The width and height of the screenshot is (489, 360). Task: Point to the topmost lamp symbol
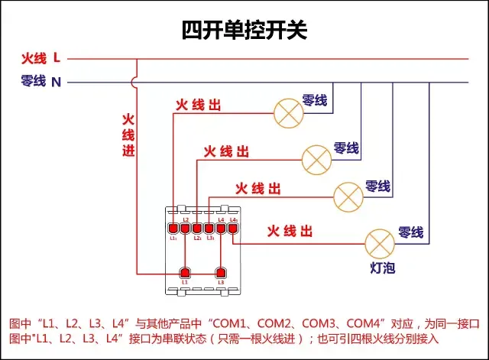click(x=288, y=113)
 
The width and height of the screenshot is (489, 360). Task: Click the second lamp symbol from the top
click(x=316, y=158)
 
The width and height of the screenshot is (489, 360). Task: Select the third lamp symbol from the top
click(x=348, y=196)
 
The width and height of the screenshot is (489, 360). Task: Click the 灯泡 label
click(x=382, y=268)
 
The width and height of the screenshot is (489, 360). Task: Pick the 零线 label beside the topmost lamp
click(x=315, y=100)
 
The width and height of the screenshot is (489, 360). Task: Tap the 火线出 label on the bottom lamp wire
click(x=289, y=231)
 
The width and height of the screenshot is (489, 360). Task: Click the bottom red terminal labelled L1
click(x=184, y=273)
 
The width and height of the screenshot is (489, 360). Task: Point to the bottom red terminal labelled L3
click(x=221, y=273)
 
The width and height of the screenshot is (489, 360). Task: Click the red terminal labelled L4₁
click(x=233, y=228)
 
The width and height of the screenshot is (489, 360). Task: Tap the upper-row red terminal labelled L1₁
click(x=173, y=228)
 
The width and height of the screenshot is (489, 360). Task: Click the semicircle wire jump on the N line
click(x=137, y=81)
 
